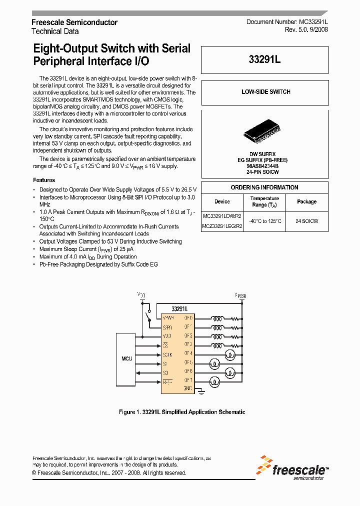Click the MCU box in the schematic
pos(126,358)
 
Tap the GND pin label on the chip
pos(188,388)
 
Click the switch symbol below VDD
pos(147,316)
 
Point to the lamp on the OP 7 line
pos(213,382)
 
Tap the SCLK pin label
pos(167,354)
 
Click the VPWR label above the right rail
pos(240,296)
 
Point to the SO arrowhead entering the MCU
pos(138,372)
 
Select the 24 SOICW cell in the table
pos(306,220)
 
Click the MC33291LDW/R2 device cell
pos(222,216)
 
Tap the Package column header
pos(306,201)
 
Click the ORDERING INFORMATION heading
pos(264,187)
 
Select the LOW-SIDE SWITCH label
pos(265,92)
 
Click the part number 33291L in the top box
pos(264,59)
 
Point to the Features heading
pos(44,180)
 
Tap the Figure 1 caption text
pos(182,412)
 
